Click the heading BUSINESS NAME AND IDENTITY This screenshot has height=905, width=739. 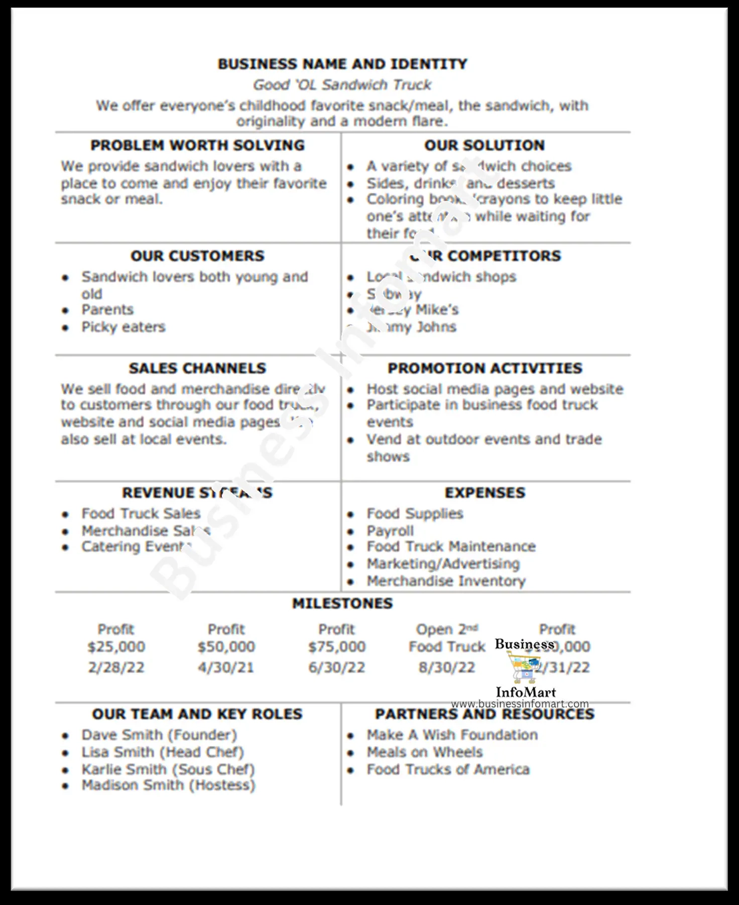pos(342,64)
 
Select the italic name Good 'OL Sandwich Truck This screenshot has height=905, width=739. pos(342,85)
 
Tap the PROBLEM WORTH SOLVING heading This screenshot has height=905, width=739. pos(197,146)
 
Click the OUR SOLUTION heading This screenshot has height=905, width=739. pos(484,146)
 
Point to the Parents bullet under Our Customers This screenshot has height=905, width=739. pos(107,310)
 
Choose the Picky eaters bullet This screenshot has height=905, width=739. pos(124,327)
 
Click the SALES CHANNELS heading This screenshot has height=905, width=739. pos(197,368)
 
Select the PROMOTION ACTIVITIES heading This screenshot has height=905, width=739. pos(484,368)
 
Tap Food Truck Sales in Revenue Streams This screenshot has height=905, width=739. pos(141,514)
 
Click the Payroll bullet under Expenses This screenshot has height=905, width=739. pos(390,531)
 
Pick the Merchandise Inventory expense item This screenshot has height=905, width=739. pos(446,581)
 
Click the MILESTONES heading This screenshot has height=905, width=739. pos(342,603)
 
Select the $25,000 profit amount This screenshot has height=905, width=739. pos(116,647)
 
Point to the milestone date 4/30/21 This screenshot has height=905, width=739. pos(226,668)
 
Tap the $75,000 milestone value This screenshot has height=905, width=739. pos(336,647)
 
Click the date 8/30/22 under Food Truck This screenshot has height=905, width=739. pos(447,668)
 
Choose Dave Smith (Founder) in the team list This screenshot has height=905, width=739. pos(159,735)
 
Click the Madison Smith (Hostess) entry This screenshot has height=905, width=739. pos(168,786)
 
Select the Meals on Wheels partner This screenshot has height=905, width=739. pos(425,752)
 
